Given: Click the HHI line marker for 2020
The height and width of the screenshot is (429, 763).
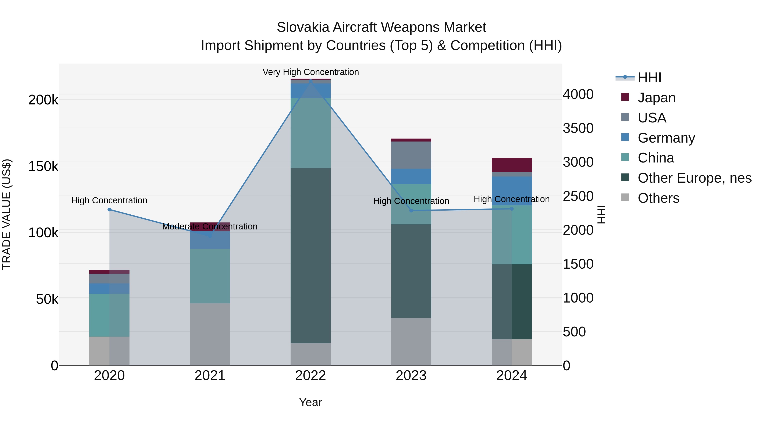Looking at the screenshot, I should pos(109,210).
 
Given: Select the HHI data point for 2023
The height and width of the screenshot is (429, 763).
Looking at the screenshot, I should pos(411,211).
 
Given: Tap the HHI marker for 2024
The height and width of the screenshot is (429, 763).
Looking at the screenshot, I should pos(512,209).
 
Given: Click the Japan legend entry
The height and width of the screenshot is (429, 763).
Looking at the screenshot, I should pos(656,98).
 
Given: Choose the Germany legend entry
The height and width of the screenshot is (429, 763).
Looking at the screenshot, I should pos(666,138).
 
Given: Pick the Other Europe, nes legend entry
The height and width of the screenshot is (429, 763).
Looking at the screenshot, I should pos(694,178).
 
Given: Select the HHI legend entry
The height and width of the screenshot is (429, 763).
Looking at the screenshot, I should pos(649,78).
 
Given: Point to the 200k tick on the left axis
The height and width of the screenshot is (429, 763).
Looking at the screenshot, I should pos(43,100).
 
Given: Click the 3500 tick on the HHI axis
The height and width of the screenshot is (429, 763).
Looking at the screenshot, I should pos(578,128).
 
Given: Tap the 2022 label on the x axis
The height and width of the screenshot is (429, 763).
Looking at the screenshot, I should pos(310,376).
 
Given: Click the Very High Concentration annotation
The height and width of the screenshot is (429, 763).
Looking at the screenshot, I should pos(310,72).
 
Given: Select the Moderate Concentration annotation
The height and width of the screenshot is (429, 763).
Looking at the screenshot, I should pos(210,226).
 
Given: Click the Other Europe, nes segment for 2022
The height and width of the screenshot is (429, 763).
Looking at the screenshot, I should pos(310,255).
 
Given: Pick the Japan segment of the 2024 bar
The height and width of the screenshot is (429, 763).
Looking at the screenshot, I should pos(512,165).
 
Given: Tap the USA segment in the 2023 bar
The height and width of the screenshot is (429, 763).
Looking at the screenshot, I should pos(411,155).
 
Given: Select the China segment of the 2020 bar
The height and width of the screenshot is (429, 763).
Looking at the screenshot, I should pos(109,315).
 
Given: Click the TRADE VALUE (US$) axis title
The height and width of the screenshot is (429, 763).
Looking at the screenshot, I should pos(7,214).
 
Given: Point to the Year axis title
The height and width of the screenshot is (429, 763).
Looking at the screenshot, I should pos(310,402).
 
